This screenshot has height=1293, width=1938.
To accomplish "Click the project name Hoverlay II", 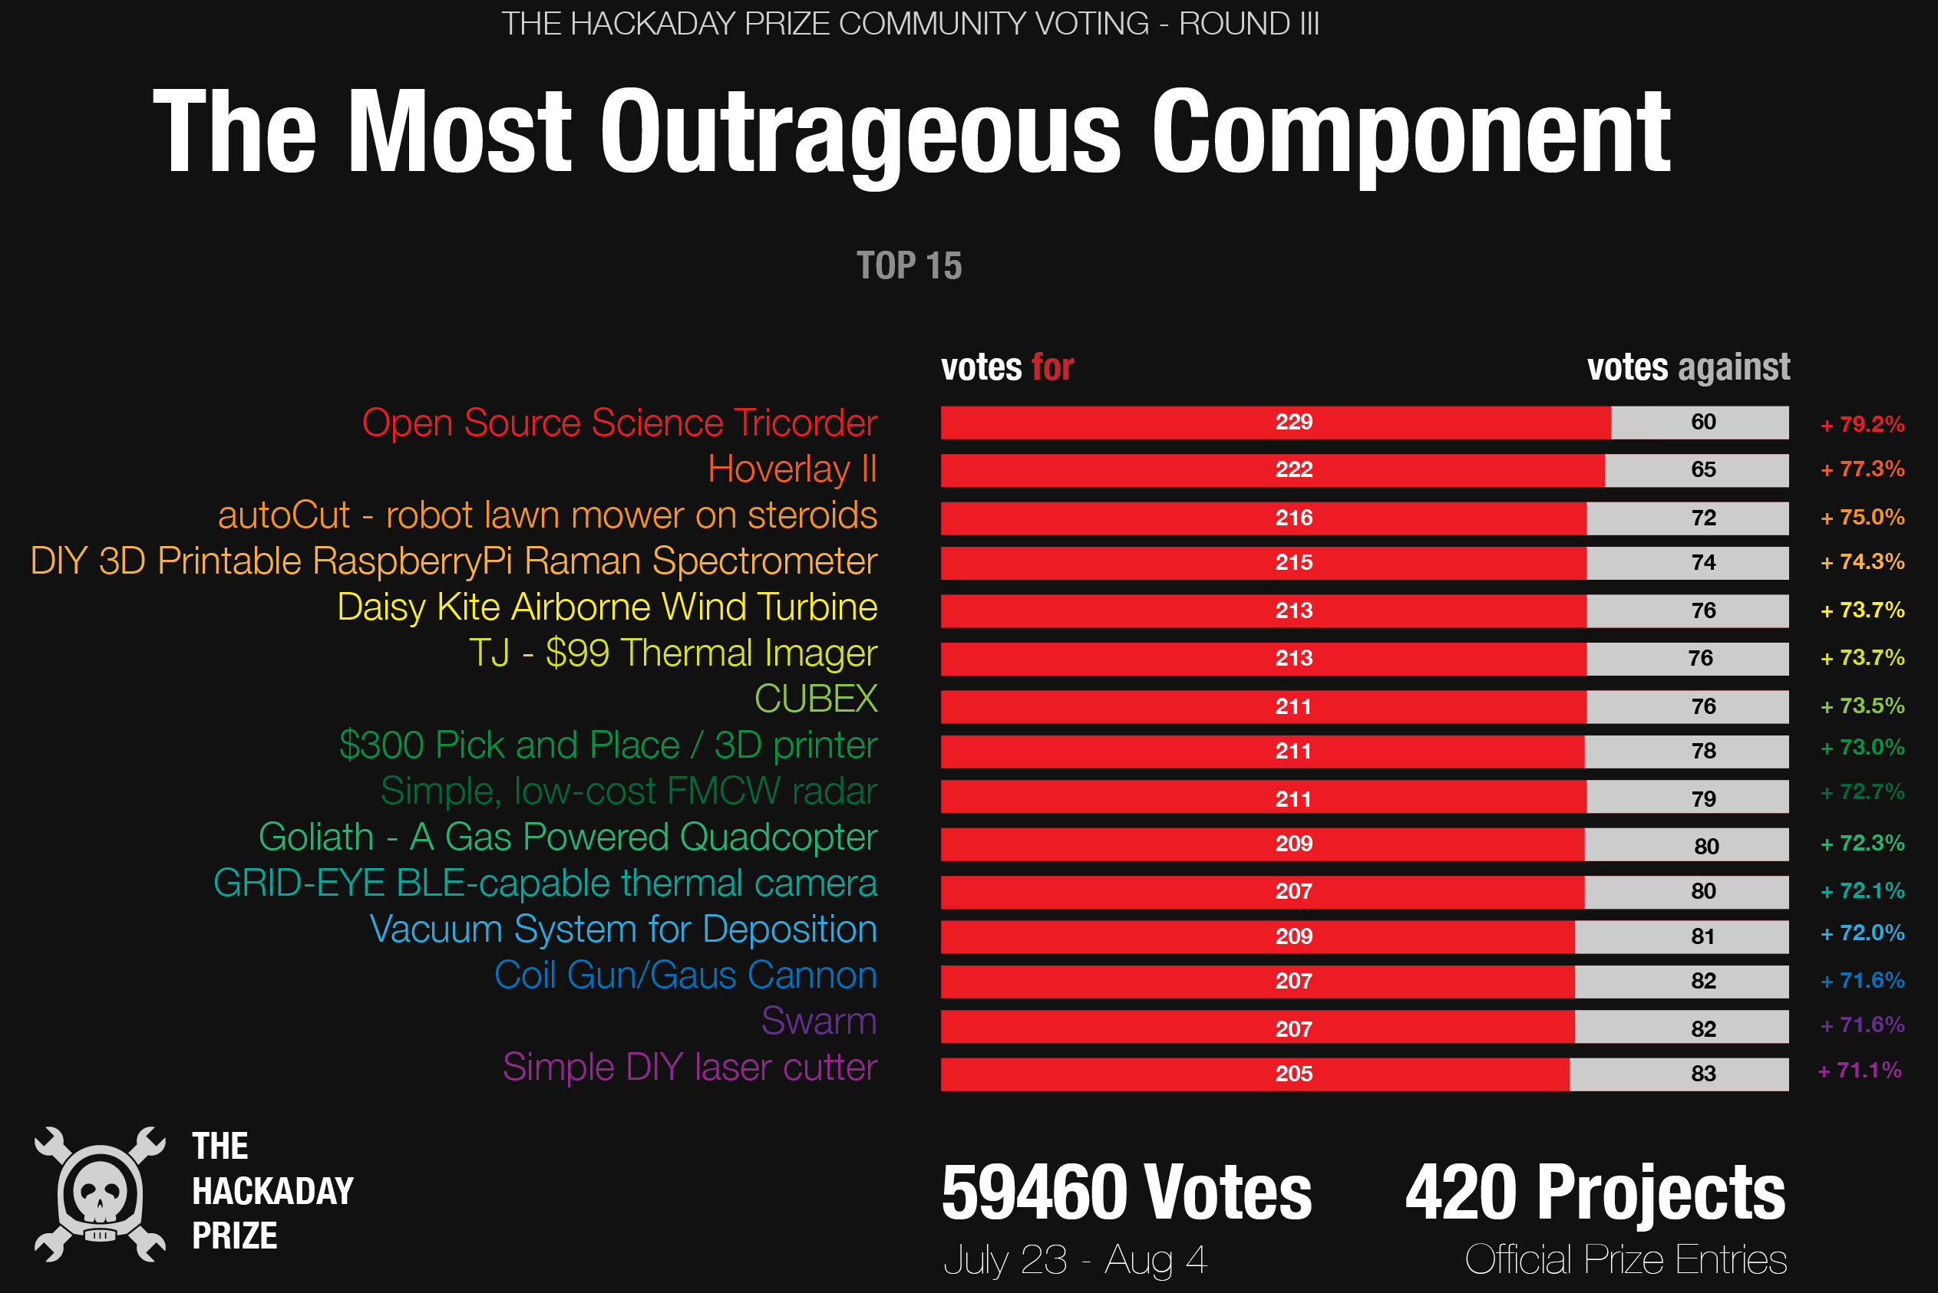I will (792, 469).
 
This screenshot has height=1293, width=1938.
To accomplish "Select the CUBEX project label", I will (815, 699).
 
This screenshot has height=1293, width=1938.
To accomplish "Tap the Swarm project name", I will (818, 1021).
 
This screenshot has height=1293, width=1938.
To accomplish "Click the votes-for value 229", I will (1293, 423).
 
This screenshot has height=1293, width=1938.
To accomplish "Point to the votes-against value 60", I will (1703, 423).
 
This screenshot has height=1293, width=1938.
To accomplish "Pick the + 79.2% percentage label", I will (1862, 425).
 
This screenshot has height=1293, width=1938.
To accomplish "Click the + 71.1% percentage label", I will (1860, 1071).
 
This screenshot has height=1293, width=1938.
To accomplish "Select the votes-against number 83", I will (1703, 1074).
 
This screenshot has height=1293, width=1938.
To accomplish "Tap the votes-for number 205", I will (1293, 1074).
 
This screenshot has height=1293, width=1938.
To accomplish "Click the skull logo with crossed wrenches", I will (100, 1194).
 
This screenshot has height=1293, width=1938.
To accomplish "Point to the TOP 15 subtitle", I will (910, 265).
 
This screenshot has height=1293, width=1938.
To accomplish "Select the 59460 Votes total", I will (1126, 1193).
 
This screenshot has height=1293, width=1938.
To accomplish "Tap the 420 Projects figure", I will (1595, 1193).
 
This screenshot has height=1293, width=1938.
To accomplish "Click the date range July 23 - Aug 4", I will (1075, 1260).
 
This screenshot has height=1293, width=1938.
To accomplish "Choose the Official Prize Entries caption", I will (1626, 1260).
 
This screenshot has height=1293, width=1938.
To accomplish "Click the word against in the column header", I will (1734, 367).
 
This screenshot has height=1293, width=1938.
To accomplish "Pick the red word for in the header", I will (1053, 367).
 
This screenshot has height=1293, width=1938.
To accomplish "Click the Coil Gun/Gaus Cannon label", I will (685, 976).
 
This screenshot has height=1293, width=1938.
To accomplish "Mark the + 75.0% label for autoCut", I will (1862, 517).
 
